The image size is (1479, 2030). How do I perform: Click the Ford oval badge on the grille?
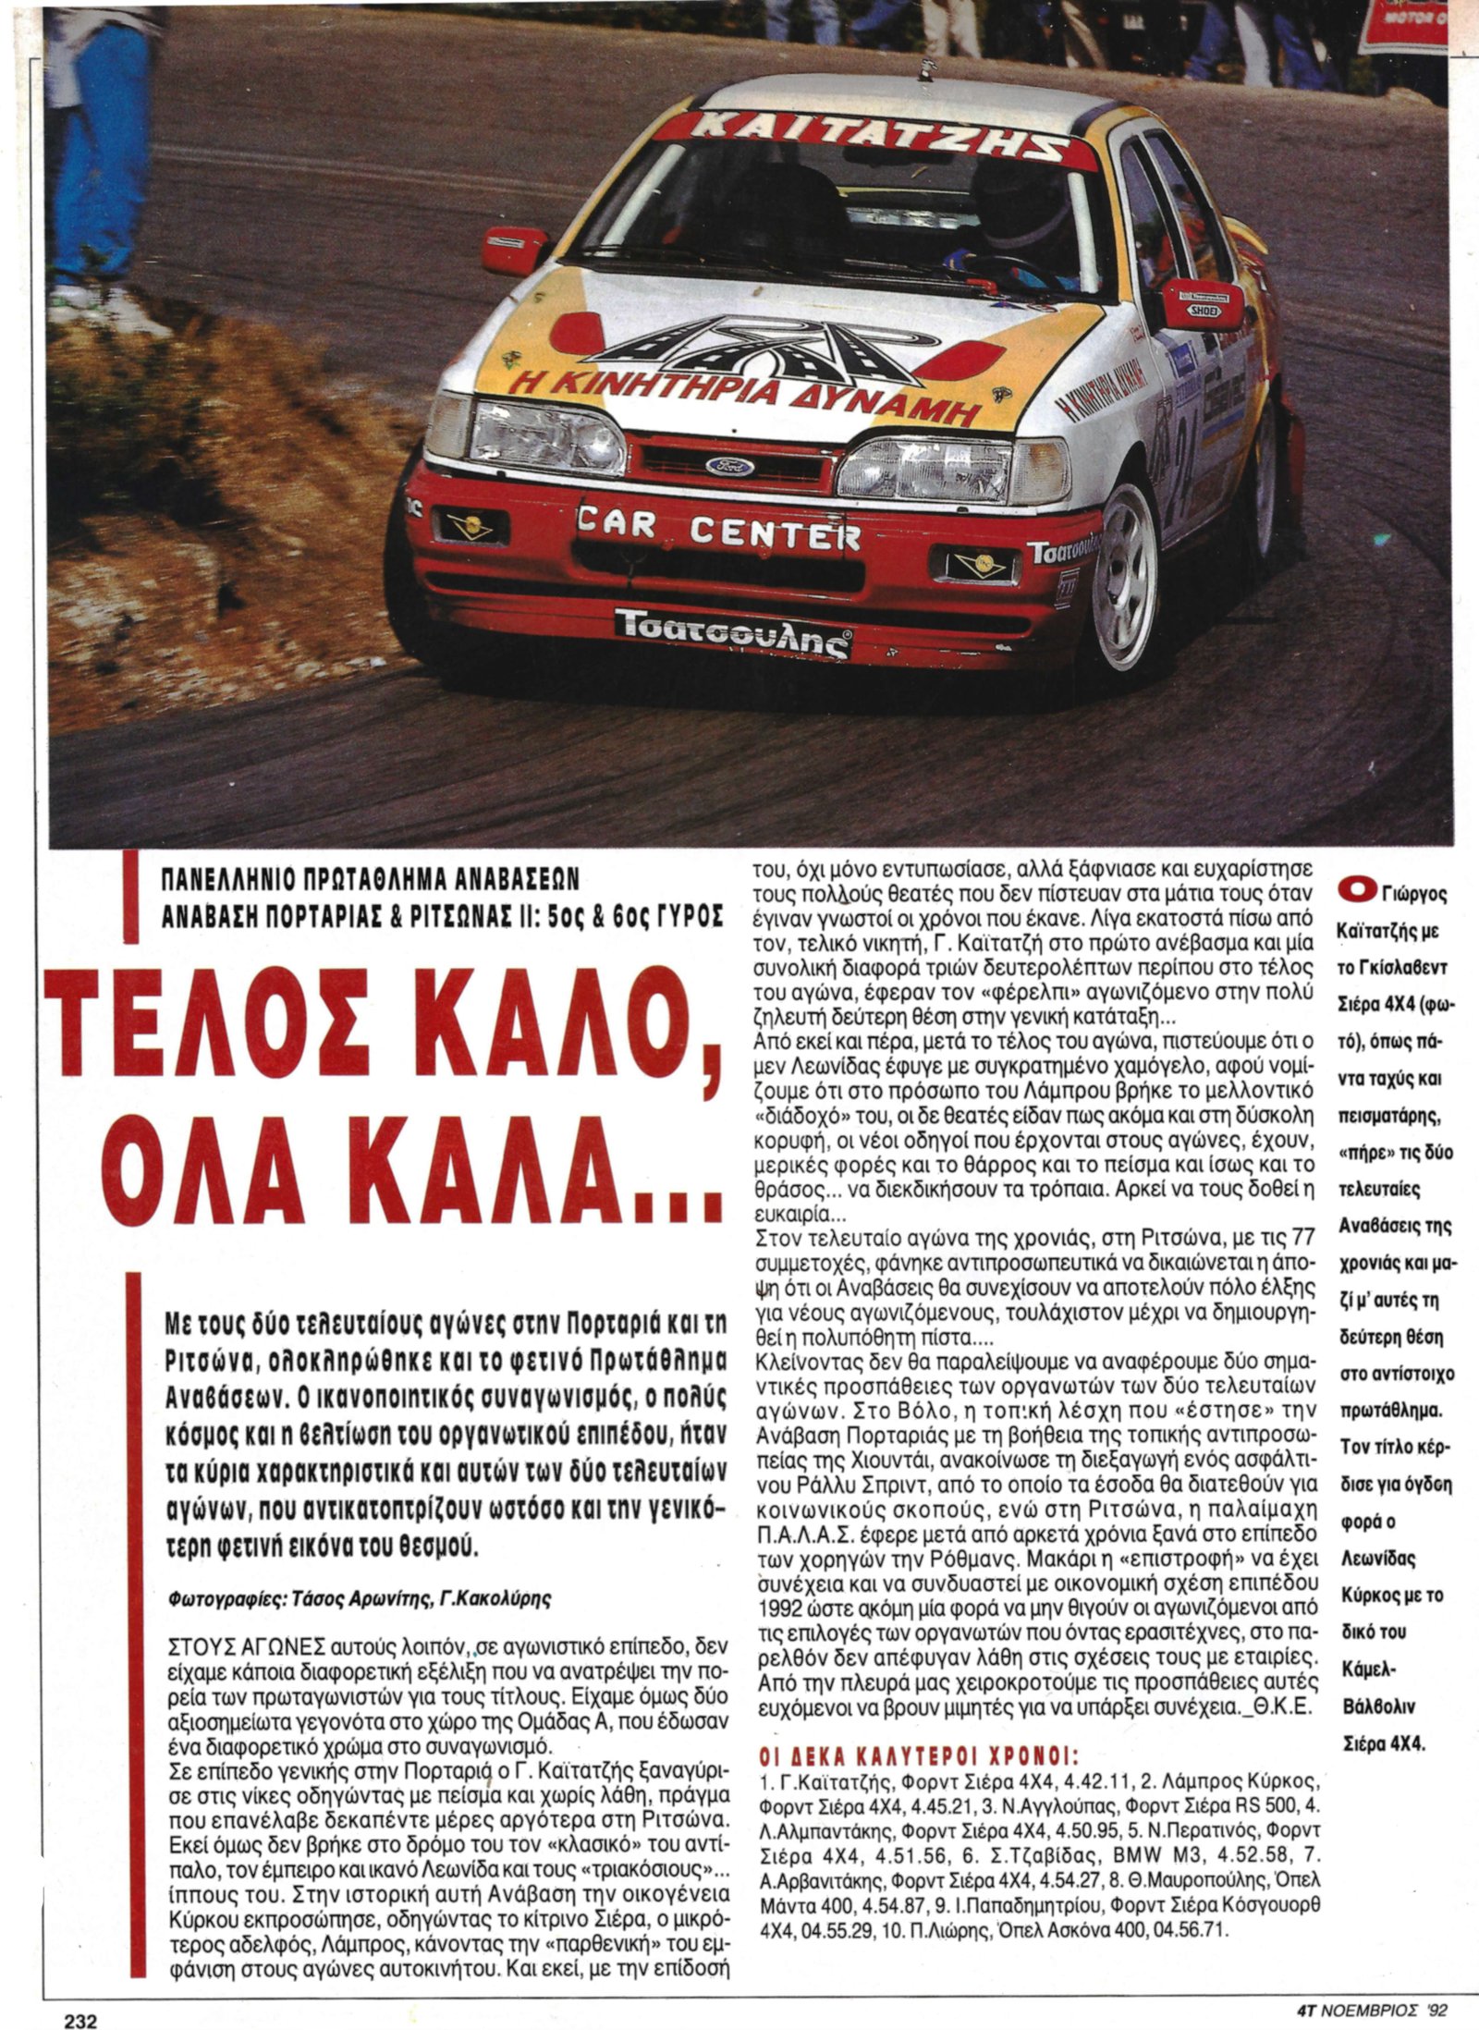click(x=730, y=465)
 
